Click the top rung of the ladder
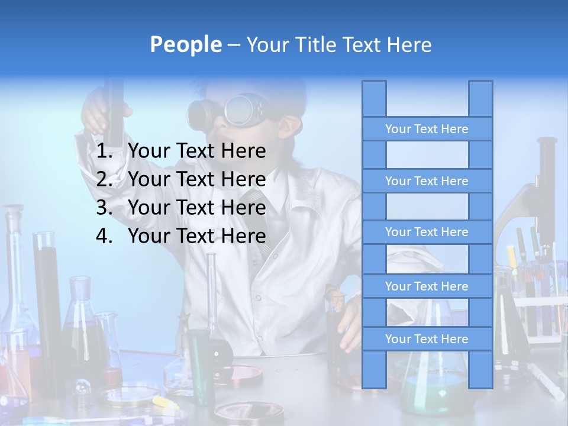tap(427, 129)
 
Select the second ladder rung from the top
tap(427, 181)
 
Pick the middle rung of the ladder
tap(427, 232)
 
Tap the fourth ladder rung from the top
tap(427, 286)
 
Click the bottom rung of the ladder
tap(427, 339)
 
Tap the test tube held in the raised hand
tap(114, 106)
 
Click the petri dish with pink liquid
tap(240, 374)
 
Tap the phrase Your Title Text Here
tap(338, 44)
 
